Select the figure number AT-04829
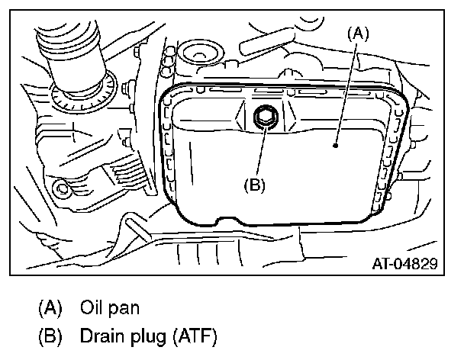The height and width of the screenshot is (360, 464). pyautogui.click(x=404, y=265)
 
